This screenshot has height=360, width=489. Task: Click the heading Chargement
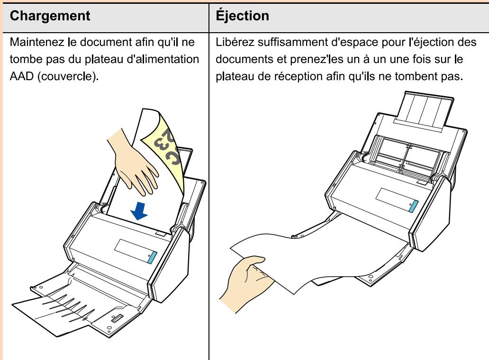point(50,16)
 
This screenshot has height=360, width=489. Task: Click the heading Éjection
point(242,15)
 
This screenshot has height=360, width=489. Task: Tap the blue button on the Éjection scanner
point(413,207)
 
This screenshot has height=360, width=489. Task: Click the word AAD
point(21,76)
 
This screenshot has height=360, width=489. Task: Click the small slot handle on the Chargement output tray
point(117,318)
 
